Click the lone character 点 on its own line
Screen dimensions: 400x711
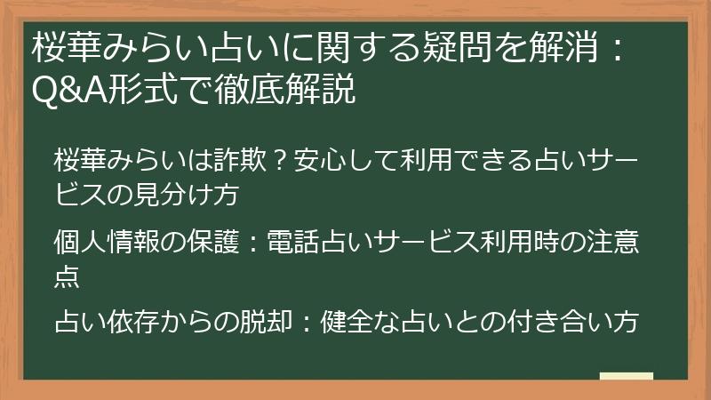67,276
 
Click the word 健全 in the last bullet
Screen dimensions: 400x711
341,321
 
